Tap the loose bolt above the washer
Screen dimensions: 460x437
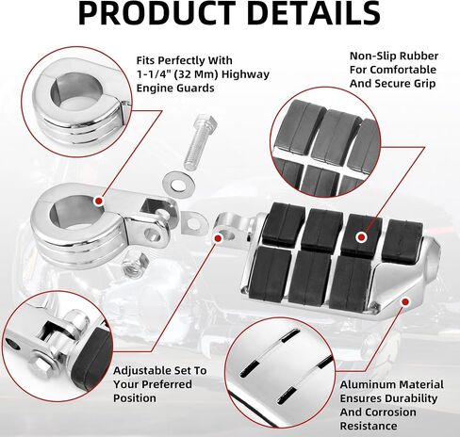201,142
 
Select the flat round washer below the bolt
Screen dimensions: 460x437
178,183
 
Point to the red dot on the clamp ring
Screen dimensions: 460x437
99,201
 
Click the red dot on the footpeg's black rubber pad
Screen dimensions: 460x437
362,237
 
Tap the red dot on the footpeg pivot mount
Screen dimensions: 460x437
218,238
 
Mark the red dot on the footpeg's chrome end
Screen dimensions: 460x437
405,302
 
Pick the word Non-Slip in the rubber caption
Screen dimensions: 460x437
368,56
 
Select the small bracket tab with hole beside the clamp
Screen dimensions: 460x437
192,222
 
